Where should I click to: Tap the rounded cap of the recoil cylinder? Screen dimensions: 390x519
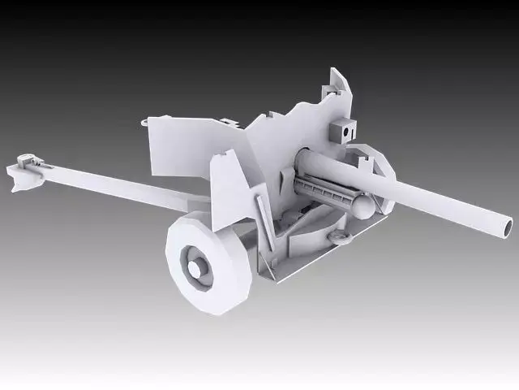pos(365,206)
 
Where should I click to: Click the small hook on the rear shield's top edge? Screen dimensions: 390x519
pos(144,123)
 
